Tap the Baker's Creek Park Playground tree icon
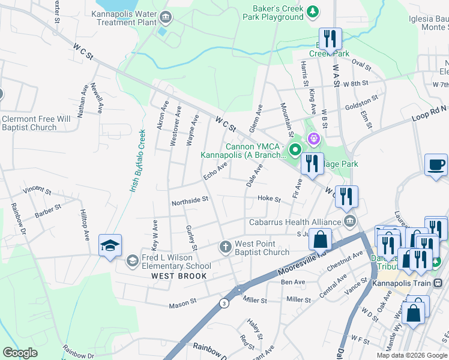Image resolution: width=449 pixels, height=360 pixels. [x=312, y=11]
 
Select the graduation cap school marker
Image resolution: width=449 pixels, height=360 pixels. [x=110, y=245]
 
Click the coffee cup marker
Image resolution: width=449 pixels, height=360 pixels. [x=436, y=164]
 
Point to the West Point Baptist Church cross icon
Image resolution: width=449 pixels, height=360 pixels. [x=225, y=247]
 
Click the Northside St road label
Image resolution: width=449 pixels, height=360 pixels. [x=190, y=200]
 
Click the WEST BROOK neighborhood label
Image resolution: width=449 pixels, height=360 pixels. [x=179, y=276]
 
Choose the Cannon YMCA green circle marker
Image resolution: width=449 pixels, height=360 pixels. [x=295, y=149]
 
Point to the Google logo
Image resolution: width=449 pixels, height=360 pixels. [x=20, y=353]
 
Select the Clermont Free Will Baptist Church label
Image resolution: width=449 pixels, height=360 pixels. [x=37, y=123]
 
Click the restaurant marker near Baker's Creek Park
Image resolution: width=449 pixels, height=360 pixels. [x=330, y=40]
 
